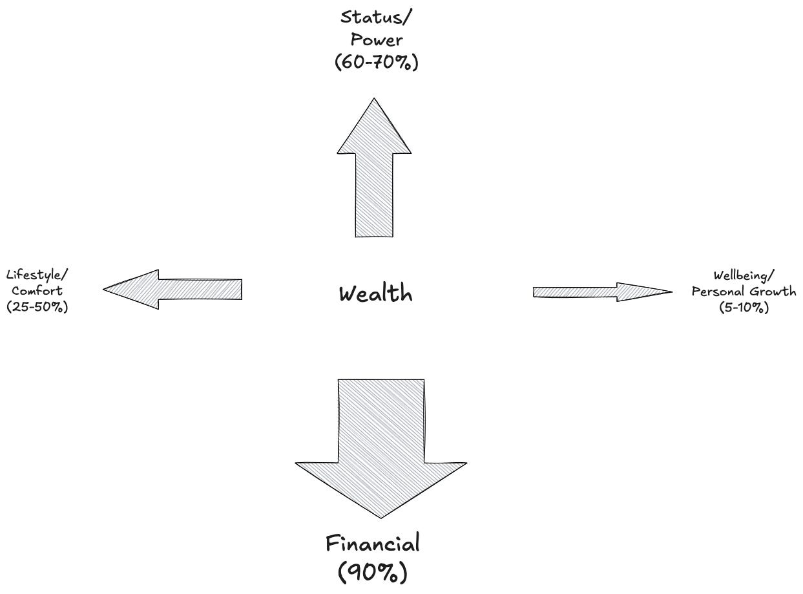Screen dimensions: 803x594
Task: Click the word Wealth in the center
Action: tap(375, 294)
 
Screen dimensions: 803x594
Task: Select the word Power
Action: tap(377, 39)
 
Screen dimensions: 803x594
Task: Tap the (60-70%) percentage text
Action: tap(377, 63)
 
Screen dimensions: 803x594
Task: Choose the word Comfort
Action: tap(37, 291)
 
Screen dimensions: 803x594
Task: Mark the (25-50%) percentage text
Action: tap(37, 306)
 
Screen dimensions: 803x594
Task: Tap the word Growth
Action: tap(772, 292)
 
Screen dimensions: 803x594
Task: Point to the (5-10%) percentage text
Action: tap(744, 308)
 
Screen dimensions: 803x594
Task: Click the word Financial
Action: tap(373, 543)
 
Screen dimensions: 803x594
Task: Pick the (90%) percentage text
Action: tap(373, 572)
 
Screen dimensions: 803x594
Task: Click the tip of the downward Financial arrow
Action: tap(381, 516)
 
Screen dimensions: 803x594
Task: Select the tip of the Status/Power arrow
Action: tap(374, 101)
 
